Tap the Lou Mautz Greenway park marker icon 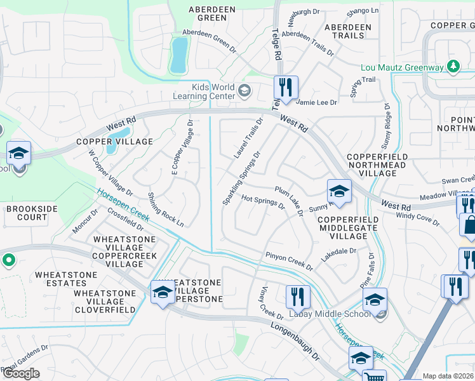[453, 66]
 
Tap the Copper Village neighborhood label [115, 142]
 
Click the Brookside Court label [27, 213]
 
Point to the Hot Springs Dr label [264, 202]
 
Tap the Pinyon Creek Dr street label [290, 260]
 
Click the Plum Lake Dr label [290, 200]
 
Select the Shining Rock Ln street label [166, 210]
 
